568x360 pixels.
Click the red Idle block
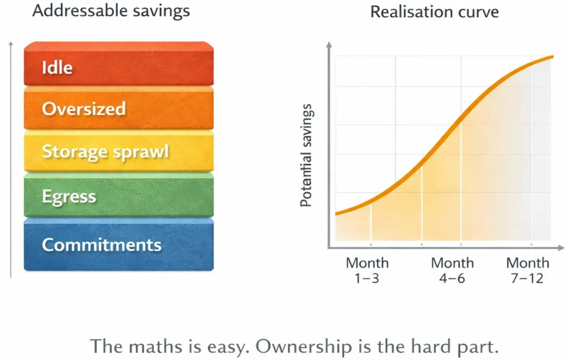[x=119, y=64]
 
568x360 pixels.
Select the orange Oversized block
[x=119, y=108]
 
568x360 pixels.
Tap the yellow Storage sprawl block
[x=119, y=151]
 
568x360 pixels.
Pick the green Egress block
[x=119, y=195]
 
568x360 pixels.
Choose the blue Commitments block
[x=119, y=245]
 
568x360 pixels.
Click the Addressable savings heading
[x=111, y=11]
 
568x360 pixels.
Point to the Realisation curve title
[x=434, y=12]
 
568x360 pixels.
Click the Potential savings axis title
[x=306, y=155]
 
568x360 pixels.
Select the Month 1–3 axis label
[x=367, y=270]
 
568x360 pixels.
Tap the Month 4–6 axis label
[x=452, y=270]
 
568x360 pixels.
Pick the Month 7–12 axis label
[x=528, y=270]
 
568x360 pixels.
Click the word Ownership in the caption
[x=304, y=347]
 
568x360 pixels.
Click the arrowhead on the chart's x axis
[x=562, y=248]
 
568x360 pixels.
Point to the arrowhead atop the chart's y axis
[x=329, y=44]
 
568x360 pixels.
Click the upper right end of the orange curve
[x=553, y=57]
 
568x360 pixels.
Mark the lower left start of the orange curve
[x=336, y=213]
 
